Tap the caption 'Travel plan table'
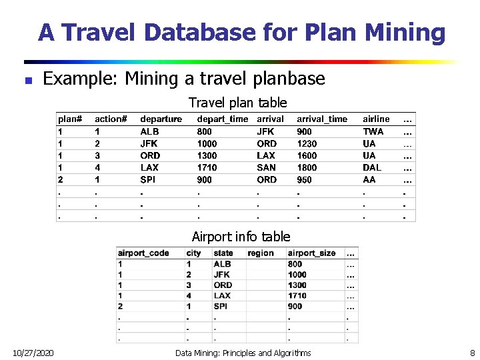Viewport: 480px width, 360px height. [x=237, y=103]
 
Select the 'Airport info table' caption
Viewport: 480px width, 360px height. [x=241, y=237]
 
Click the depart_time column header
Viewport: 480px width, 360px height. [x=222, y=119]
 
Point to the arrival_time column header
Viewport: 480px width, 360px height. [x=322, y=119]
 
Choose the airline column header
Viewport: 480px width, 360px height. [x=376, y=119]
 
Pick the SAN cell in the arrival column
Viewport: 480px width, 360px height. [x=266, y=167]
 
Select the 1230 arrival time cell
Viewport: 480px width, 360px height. [x=307, y=143]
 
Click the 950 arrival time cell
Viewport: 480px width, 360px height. [x=304, y=180]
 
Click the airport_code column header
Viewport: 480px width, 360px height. [x=143, y=253]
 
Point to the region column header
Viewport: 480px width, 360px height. [x=260, y=253]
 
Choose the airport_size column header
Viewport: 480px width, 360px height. [x=313, y=253]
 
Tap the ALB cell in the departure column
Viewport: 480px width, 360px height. [x=149, y=131]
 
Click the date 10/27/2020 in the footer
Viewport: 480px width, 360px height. [x=33, y=352]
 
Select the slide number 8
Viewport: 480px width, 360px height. [x=472, y=352]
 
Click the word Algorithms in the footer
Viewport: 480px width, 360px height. [x=288, y=353]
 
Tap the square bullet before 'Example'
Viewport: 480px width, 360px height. [x=28, y=80]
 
